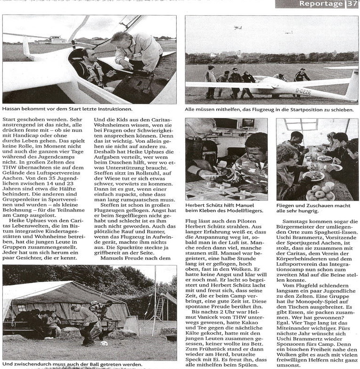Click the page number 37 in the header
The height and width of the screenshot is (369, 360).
(352, 4)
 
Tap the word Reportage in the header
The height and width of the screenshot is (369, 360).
(321, 4)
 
